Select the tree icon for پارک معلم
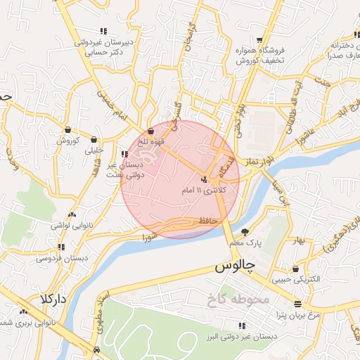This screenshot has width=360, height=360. click(245, 231)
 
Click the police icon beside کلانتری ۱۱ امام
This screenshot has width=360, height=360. click(204, 179)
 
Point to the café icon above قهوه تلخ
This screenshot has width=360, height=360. click(151, 130)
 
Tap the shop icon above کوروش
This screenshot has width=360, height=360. click(67, 129)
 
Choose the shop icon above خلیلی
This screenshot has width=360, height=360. click(94, 139)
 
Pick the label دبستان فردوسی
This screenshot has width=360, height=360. click(62, 258)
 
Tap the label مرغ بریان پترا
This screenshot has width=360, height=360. click(297, 314)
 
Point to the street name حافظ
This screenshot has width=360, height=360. click(210, 221)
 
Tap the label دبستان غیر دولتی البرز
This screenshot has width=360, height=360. click(242, 336)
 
